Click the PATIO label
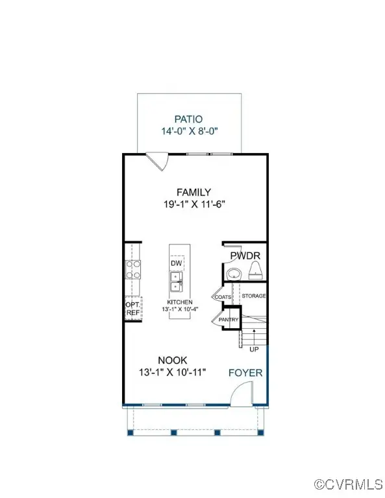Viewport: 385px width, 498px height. click(x=188, y=119)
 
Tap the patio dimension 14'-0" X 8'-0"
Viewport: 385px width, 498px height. click(x=188, y=131)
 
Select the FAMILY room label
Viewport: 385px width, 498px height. click(x=194, y=192)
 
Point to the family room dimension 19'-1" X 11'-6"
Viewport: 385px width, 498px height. click(x=194, y=204)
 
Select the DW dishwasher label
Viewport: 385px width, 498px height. click(x=176, y=263)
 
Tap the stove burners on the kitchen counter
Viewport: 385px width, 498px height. click(x=132, y=269)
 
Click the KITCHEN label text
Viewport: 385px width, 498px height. click(x=180, y=303)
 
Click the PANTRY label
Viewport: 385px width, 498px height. click(x=229, y=320)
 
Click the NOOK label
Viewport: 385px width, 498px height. click(x=173, y=361)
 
